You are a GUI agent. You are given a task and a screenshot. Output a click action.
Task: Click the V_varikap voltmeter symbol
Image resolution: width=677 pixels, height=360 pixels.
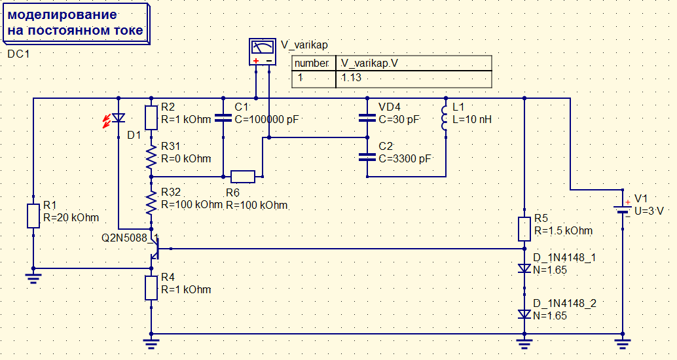pyautogui.click(x=263, y=52)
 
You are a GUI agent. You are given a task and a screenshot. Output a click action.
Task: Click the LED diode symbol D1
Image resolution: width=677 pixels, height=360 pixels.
pyautogui.click(x=118, y=118)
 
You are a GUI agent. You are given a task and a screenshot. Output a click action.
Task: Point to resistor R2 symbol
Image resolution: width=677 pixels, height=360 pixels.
pyautogui.click(x=151, y=118)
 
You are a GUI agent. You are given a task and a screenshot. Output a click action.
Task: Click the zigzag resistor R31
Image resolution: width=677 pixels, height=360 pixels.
pyautogui.click(x=151, y=157)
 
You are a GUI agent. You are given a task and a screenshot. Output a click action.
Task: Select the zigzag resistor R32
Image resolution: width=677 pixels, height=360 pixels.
pyautogui.click(x=151, y=202)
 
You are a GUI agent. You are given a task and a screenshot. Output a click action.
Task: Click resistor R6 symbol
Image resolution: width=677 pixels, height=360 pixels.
pyautogui.click(x=243, y=177)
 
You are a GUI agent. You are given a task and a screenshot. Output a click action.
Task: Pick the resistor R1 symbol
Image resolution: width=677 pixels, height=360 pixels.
pyautogui.click(x=33, y=216)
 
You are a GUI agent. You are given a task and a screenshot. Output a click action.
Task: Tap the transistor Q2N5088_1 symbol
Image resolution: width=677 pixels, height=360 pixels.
pyautogui.click(x=155, y=249)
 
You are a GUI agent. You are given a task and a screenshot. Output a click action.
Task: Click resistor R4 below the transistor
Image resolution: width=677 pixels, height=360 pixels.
pyautogui.click(x=151, y=288)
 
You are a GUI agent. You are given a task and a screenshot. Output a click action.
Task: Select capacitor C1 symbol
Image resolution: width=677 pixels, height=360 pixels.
pyautogui.click(x=223, y=118)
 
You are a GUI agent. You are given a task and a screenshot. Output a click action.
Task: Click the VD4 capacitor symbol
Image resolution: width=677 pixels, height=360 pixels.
pyautogui.click(x=367, y=118)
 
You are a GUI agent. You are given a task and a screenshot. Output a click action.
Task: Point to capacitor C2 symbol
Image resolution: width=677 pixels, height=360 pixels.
pyautogui.click(x=367, y=157)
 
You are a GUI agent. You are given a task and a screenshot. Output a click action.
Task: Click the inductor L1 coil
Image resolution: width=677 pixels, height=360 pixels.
pyautogui.click(x=445, y=118)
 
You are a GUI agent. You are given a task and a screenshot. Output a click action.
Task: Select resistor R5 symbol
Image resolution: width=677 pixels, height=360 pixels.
pyautogui.click(x=524, y=229)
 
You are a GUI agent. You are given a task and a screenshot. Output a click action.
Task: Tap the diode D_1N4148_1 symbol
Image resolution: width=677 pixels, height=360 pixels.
pyautogui.click(x=524, y=268)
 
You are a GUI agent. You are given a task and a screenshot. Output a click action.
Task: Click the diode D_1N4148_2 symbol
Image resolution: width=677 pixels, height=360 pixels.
pyautogui.click(x=524, y=314)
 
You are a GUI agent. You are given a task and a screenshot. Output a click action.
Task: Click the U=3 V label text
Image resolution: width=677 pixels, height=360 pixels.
pyautogui.click(x=649, y=211)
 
